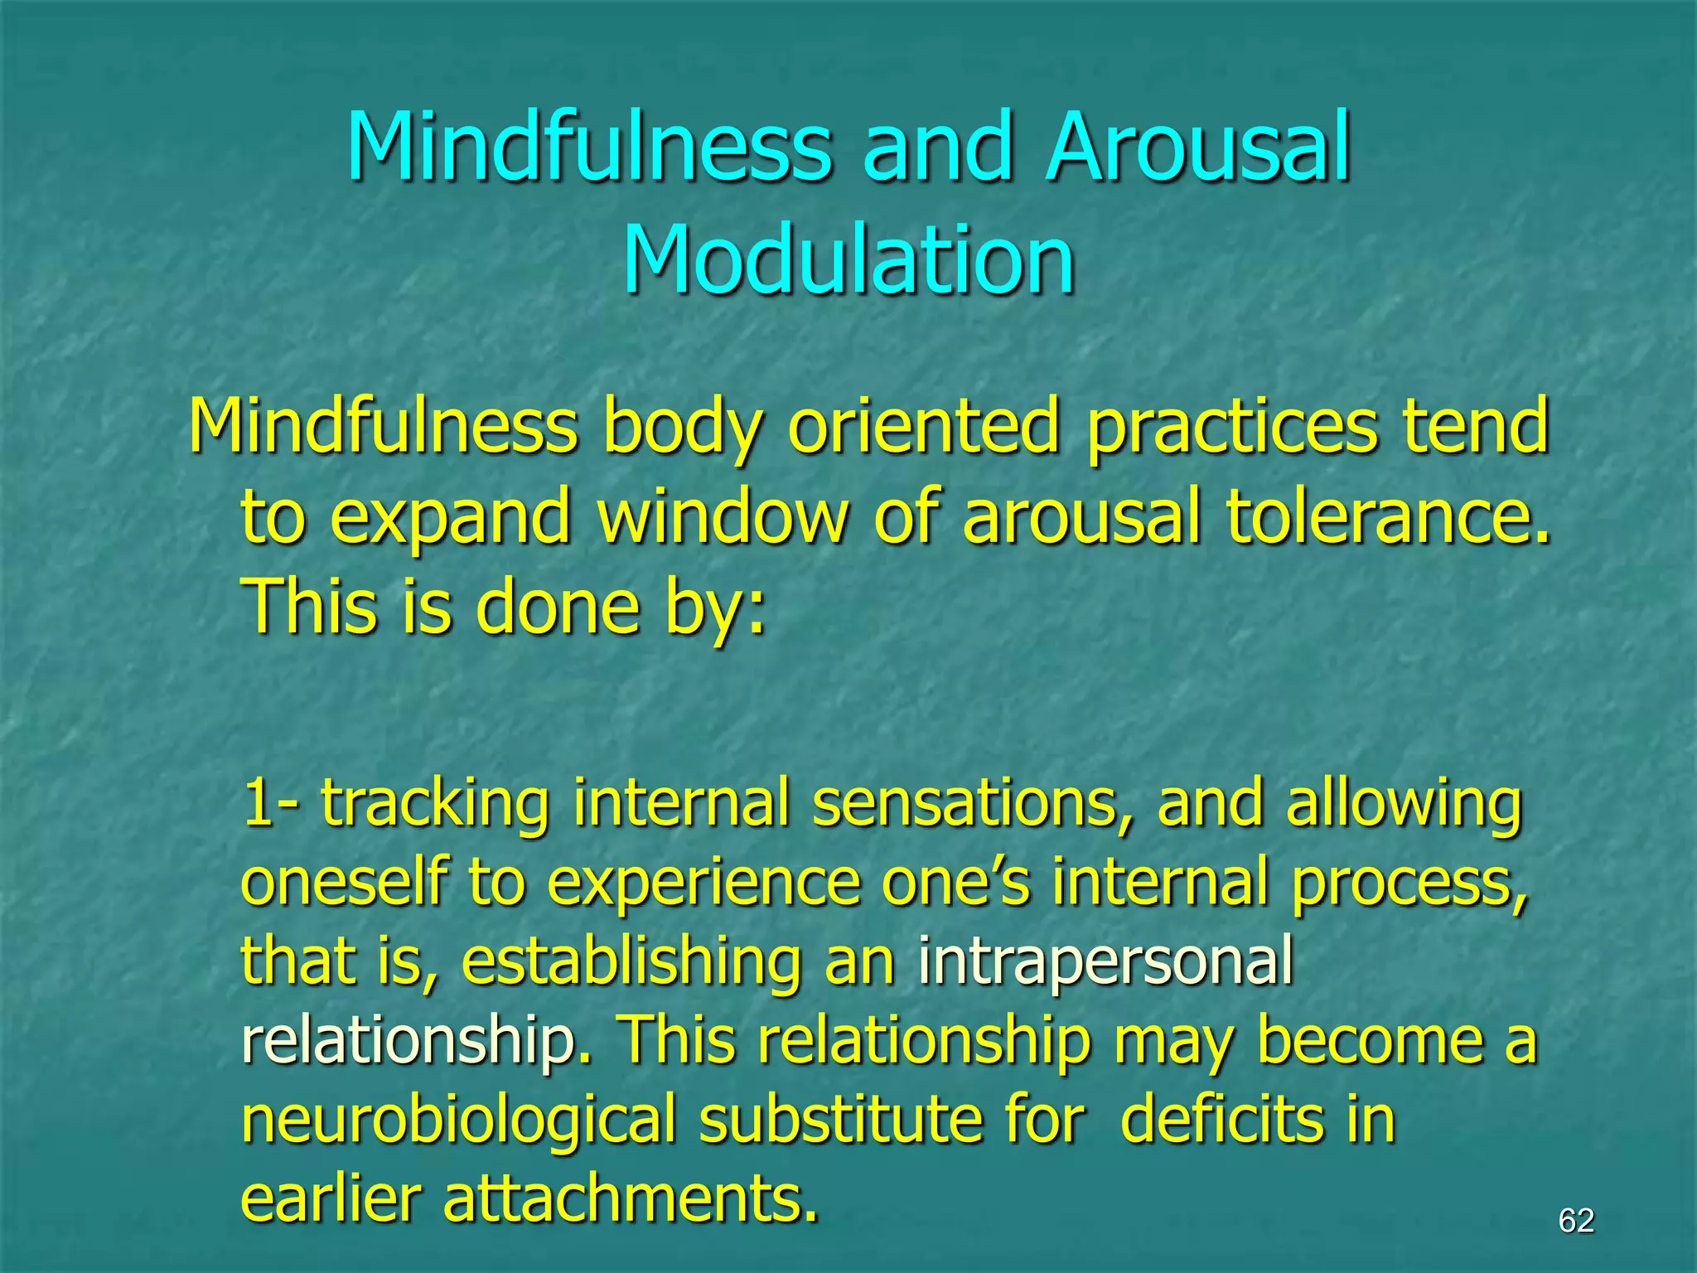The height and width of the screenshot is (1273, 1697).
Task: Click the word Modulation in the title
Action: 848,259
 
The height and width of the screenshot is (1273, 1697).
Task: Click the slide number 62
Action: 1575,1221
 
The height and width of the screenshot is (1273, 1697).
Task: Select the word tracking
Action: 435,803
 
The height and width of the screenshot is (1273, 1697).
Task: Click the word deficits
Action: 1221,1120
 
